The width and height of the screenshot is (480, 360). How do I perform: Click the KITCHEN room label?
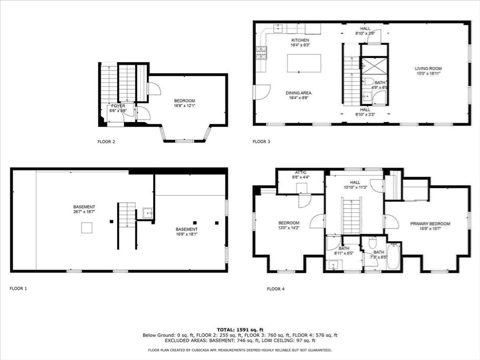click(300, 40)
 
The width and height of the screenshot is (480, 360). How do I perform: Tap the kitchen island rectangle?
click(304, 63)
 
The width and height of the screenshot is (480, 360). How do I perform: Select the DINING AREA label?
click(299, 93)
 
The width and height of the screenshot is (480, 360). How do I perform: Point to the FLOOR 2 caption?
click(106, 141)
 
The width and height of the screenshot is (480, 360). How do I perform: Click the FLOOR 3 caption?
click(261, 141)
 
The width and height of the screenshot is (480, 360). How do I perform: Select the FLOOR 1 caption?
click(18, 289)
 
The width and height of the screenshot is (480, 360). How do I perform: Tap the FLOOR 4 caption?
click(276, 289)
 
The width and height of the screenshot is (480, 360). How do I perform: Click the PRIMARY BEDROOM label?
click(430, 224)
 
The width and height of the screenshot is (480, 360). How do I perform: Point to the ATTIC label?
click(300, 172)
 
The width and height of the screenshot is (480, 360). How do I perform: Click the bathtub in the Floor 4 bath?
click(393, 257)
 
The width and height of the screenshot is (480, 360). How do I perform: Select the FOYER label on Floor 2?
click(118, 106)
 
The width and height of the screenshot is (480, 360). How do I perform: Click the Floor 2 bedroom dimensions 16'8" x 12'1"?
click(184, 106)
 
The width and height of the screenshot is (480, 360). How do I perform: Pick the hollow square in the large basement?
click(87, 228)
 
